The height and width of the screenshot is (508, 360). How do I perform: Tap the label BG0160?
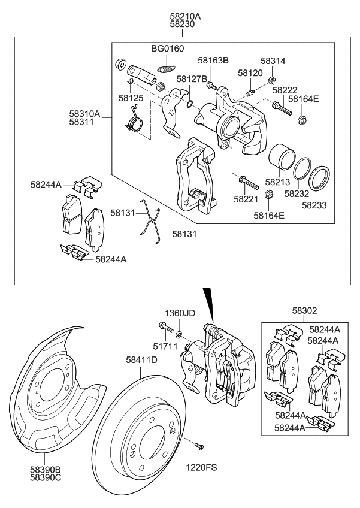168,49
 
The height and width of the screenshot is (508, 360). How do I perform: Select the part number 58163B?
214,61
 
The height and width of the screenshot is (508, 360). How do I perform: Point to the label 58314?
273,61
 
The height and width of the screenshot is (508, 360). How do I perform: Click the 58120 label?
250,72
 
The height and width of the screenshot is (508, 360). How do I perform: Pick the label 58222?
285,89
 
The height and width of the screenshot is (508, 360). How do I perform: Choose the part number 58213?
277,181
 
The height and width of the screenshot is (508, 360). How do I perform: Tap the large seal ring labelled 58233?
320,178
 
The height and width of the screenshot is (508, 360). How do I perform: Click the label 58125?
130,96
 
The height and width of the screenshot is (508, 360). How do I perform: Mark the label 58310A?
84,112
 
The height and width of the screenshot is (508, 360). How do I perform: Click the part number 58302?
305,311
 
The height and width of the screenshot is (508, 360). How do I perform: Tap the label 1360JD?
180,313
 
